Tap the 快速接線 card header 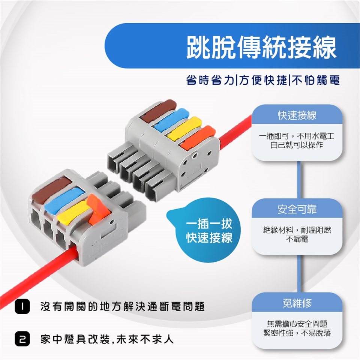(297, 115)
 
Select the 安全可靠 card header (297, 209)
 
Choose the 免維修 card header (297, 303)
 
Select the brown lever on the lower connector (52, 190)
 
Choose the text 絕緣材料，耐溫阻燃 (297, 230)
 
